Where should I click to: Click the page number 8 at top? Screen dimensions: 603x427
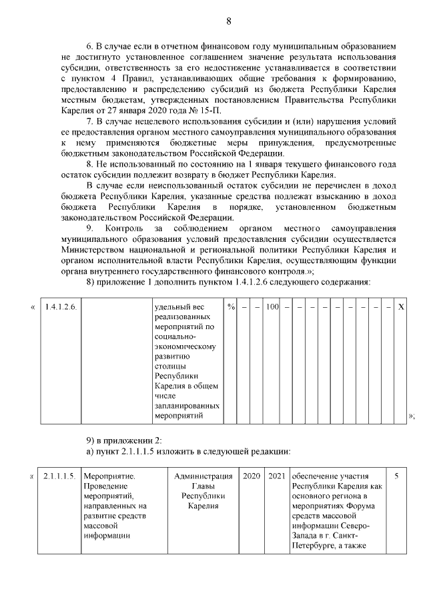pyautogui.click(x=228, y=21)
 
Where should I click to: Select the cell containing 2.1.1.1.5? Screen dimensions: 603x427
pyautogui.click(x=59, y=476)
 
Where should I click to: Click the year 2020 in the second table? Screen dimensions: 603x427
pyautogui.click(x=252, y=476)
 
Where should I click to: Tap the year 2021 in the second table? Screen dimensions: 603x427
pyautogui.click(x=276, y=476)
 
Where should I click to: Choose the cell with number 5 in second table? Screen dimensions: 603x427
pyautogui.click(x=397, y=476)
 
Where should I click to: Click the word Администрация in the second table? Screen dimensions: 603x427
pyautogui.click(x=203, y=476)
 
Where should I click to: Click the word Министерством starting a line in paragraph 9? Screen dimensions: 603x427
pyautogui.click(x=93, y=250)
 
